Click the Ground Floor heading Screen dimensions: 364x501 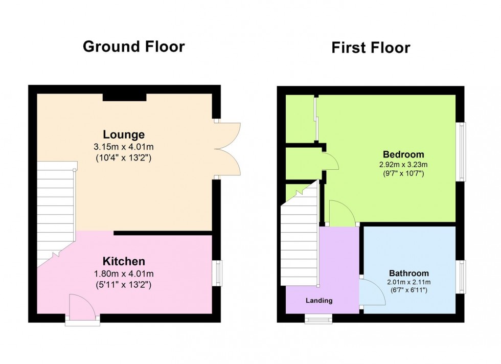coord(133,47)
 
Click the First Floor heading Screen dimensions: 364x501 coord(371,48)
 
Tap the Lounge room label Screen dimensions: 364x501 coord(124,135)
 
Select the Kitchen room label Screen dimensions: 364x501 coord(124,261)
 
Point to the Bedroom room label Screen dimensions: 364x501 coord(403,154)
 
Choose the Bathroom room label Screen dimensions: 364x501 coord(408,273)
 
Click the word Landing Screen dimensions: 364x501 coord(319,301)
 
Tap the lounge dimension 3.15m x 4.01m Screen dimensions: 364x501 coord(124,147)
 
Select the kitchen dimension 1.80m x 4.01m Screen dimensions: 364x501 coord(124,274)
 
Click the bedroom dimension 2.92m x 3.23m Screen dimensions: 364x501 coord(403,165)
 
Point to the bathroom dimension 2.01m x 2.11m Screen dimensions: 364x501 coord(408,282)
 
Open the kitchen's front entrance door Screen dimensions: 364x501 coord(82,308)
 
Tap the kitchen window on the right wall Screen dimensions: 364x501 coord(218,272)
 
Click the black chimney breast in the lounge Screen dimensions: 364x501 coord(124,97)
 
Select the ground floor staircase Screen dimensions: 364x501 coord(55,210)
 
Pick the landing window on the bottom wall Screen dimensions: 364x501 coord(318,320)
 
